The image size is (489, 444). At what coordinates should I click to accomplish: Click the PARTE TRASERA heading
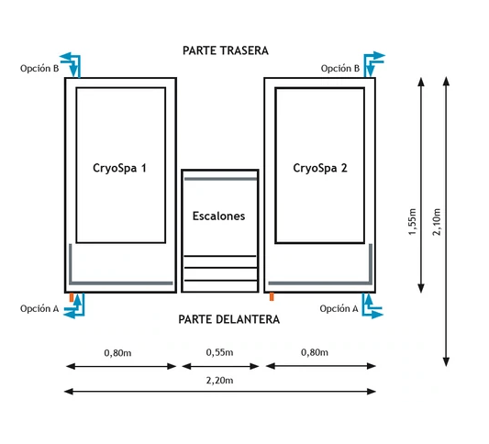(x=226, y=50)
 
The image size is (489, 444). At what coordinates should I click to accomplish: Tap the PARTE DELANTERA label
(x=229, y=319)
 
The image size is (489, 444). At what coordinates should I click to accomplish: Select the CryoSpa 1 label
(x=119, y=168)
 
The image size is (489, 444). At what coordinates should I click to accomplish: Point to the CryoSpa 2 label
(x=320, y=168)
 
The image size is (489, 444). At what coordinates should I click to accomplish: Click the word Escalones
(x=218, y=216)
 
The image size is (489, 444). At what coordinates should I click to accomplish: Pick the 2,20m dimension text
(x=219, y=381)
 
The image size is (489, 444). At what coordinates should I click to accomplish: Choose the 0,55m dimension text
(x=219, y=352)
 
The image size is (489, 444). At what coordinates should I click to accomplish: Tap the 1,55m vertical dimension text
(x=412, y=221)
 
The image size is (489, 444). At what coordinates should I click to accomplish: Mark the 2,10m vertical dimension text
(x=437, y=221)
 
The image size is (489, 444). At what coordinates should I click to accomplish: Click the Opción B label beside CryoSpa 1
(x=39, y=68)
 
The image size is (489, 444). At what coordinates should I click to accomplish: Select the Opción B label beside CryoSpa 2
(x=340, y=68)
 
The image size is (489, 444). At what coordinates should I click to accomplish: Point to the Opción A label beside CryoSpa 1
(x=39, y=308)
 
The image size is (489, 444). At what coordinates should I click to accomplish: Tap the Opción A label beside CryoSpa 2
(x=339, y=308)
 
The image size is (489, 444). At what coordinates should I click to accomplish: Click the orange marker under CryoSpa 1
(x=72, y=297)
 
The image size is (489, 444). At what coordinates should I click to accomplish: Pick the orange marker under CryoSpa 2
(x=272, y=296)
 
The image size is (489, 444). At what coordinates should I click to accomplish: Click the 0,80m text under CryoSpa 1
(x=117, y=353)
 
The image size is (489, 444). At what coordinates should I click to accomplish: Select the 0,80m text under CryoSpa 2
(x=315, y=352)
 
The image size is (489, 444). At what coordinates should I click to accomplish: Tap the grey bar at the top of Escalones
(x=220, y=179)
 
